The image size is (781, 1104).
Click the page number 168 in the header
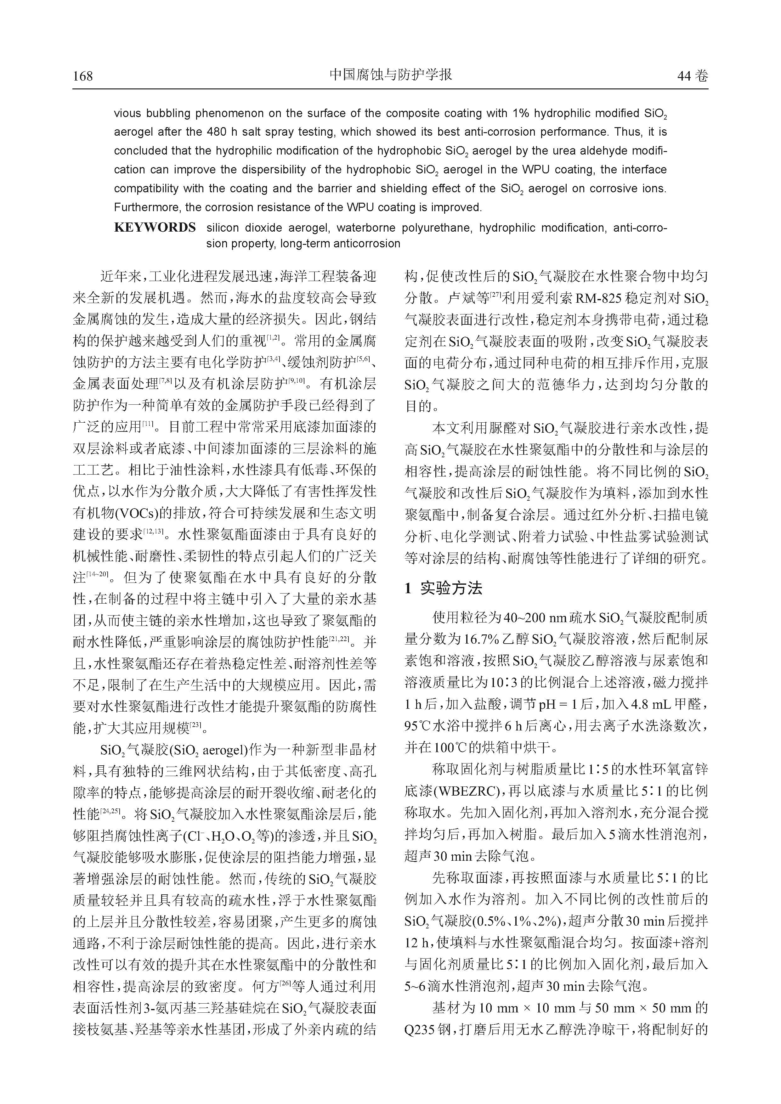(83, 76)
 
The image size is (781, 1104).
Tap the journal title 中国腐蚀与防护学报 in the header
(390, 75)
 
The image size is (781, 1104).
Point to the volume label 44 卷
(693, 76)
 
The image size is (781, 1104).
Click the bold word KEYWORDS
(155, 228)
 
